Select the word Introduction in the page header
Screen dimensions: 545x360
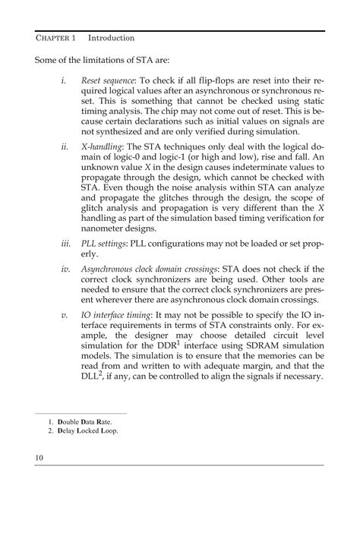click(112, 37)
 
